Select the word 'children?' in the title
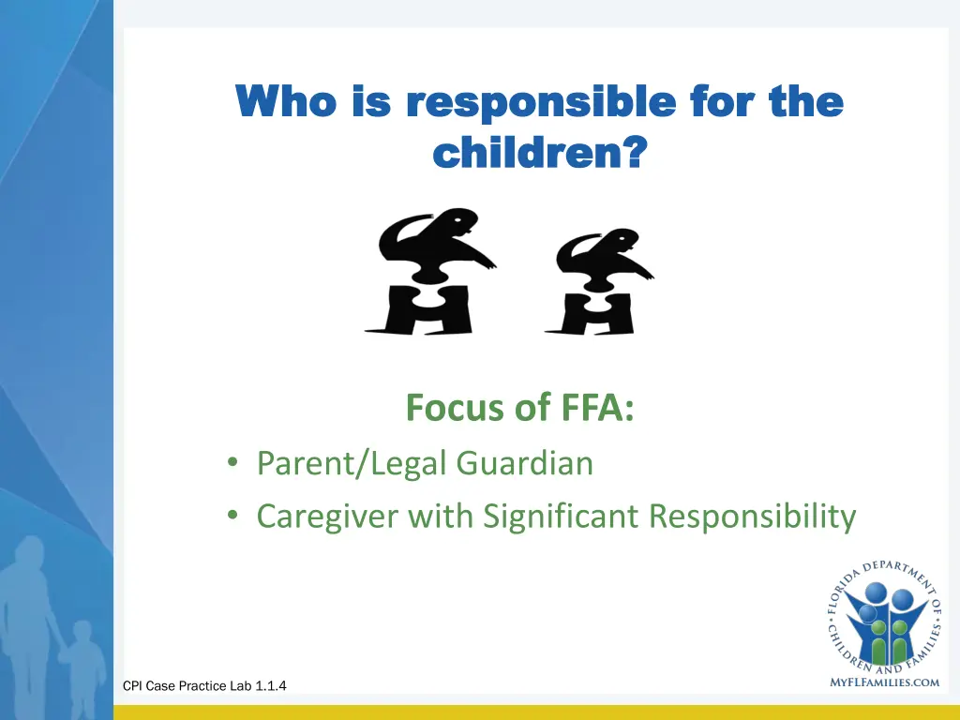tap(539, 150)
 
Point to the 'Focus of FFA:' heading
tap(519, 409)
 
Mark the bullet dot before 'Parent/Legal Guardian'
tap(231, 464)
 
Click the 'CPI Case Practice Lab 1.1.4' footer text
tap(204, 686)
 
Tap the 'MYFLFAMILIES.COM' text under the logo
tap(884, 682)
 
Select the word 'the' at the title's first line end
tap(806, 101)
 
